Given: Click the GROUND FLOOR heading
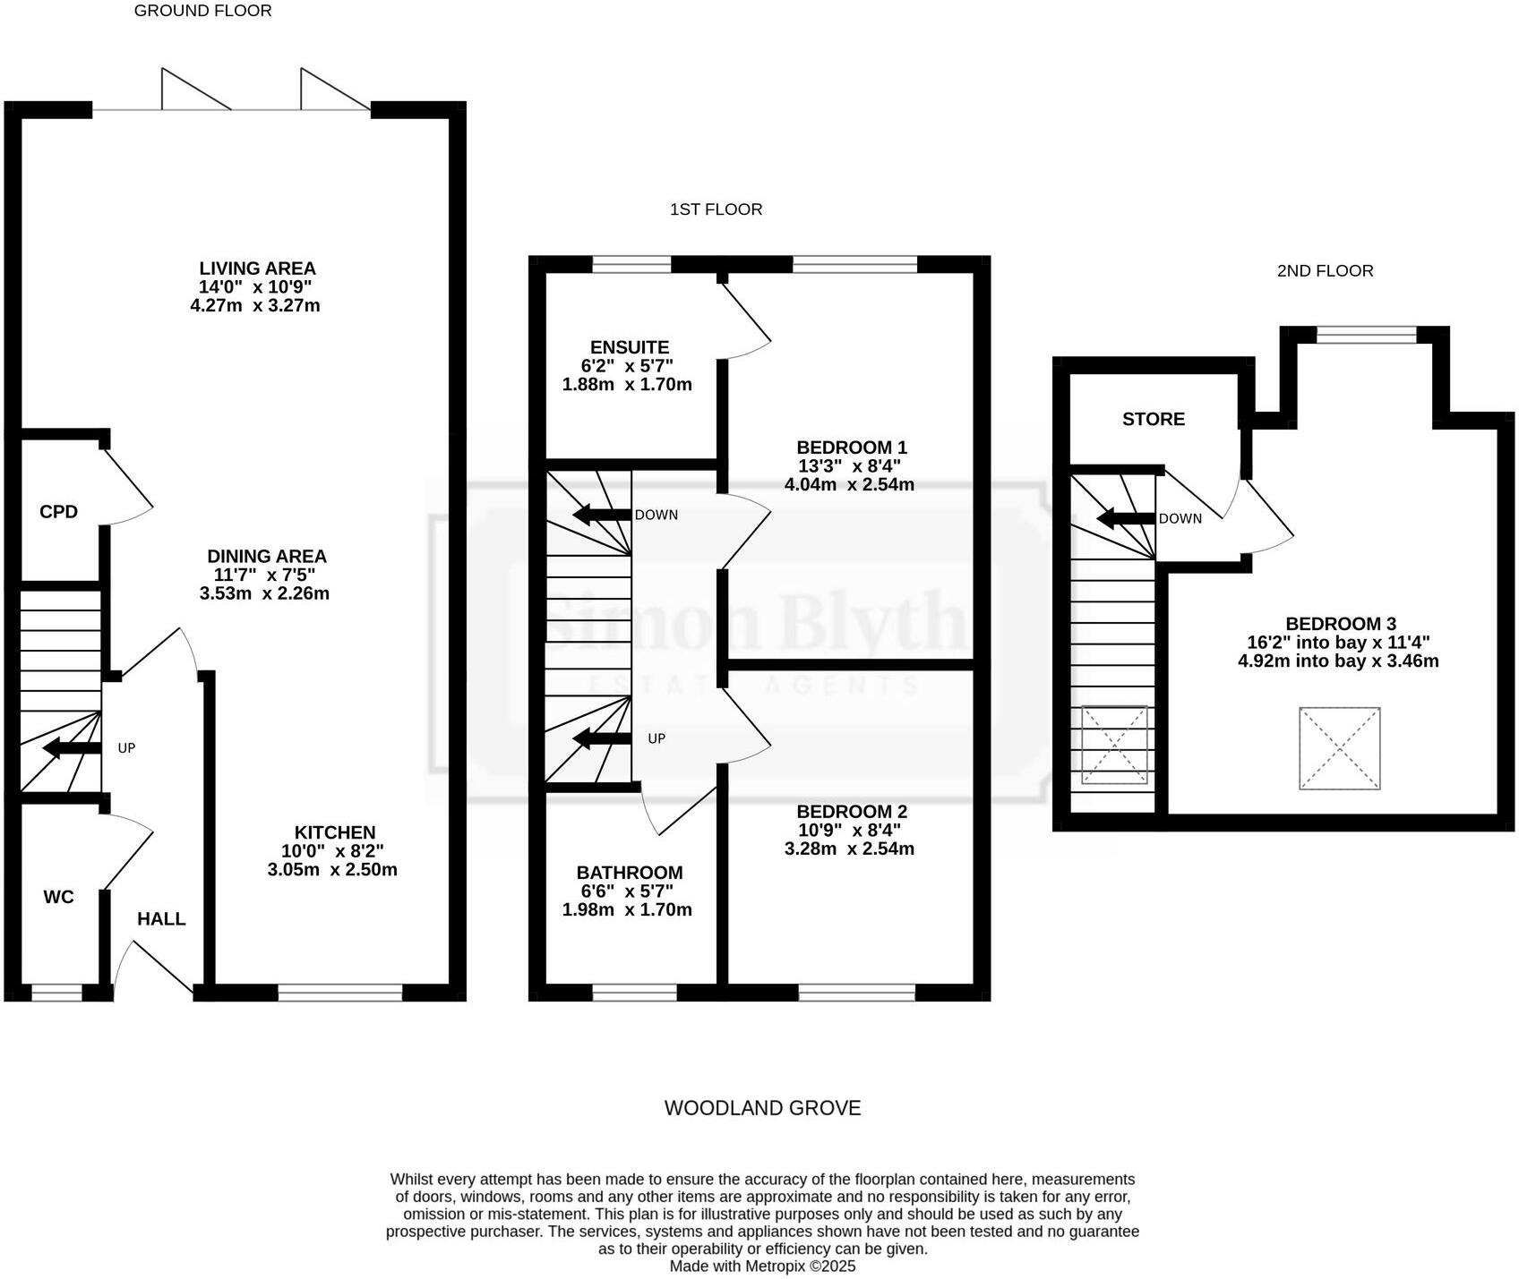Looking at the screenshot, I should [x=202, y=11].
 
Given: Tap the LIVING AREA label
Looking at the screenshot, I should [x=257, y=268].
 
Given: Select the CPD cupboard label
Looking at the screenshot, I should [x=58, y=512].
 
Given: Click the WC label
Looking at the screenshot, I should [x=58, y=897].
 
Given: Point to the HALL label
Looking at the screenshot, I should [x=161, y=919].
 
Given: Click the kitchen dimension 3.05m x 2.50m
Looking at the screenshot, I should [x=332, y=870].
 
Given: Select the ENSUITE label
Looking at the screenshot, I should [x=630, y=347].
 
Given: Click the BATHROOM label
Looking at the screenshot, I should [x=630, y=873].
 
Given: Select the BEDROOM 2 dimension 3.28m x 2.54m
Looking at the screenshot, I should [x=849, y=848].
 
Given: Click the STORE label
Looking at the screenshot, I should [x=1154, y=419].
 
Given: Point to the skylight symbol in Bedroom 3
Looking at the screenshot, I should [x=1340, y=748].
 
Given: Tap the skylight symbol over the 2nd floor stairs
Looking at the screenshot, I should [x=1115, y=745].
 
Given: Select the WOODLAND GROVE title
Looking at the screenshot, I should [x=762, y=1108].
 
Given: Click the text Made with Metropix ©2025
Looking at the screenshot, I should [x=762, y=1266].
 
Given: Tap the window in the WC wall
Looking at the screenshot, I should [x=56, y=992].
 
